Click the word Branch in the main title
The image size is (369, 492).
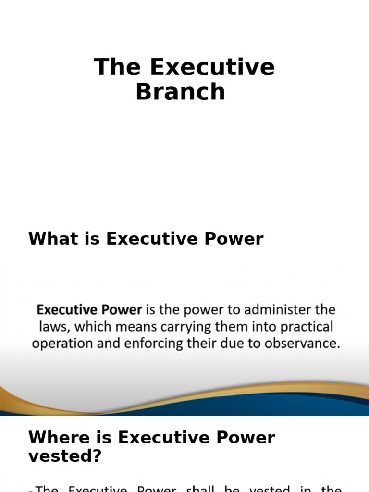click(180, 92)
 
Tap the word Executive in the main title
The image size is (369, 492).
click(212, 67)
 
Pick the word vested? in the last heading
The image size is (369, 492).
click(65, 455)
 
